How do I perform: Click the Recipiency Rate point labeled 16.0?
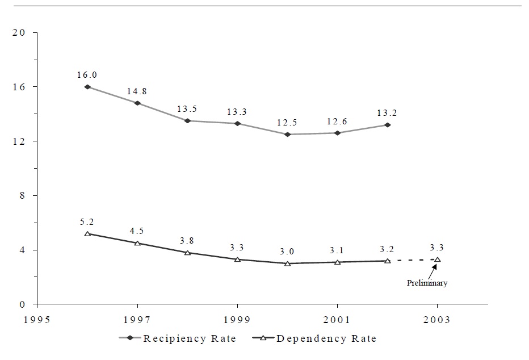pyautogui.click(x=87, y=87)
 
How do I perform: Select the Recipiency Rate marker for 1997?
pyautogui.click(x=137, y=103)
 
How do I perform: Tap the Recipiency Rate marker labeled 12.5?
pyautogui.click(x=287, y=135)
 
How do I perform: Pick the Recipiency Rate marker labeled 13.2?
pyautogui.click(x=387, y=125)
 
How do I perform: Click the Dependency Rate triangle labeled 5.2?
pyautogui.click(x=87, y=233)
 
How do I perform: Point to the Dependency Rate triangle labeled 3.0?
pyautogui.click(x=287, y=263)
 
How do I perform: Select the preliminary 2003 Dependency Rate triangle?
pyautogui.click(x=437, y=259)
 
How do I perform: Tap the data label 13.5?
pyautogui.click(x=187, y=108)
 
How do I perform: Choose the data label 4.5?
pyautogui.click(x=137, y=231)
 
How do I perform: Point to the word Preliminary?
pyautogui.click(x=426, y=283)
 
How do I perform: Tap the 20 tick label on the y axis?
pyautogui.click(x=19, y=33)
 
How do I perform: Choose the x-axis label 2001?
pyautogui.click(x=337, y=320)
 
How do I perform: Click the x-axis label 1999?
pyautogui.click(x=237, y=320)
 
